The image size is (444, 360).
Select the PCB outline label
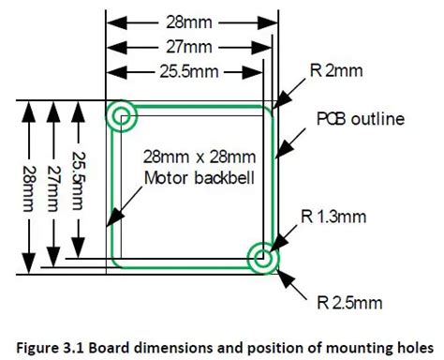click(x=358, y=119)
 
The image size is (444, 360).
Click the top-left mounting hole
click(x=122, y=117)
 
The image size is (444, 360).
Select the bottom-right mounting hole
click(x=262, y=257)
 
